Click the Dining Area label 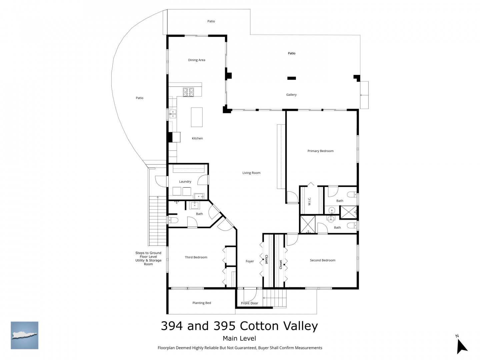click(x=196, y=60)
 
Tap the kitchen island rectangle click(x=197, y=117)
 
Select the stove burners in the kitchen click(x=188, y=92)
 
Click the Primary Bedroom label click(x=320, y=151)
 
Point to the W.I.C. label click(x=309, y=201)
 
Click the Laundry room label click(x=185, y=181)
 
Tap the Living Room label click(x=251, y=173)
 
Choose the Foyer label click(x=250, y=261)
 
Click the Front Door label click(x=250, y=303)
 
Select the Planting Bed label click(x=202, y=303)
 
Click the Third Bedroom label click(x=196, y=257)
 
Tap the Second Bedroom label click(x=323, y=260)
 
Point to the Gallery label click(x=291, y=95)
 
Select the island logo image click(x=24, y=335)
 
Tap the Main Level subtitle click(x=239, y=338)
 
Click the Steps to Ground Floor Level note click(x=148, y=258)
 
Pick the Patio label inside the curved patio click(x=140, y=98)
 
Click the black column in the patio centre click(x=291, y=78)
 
